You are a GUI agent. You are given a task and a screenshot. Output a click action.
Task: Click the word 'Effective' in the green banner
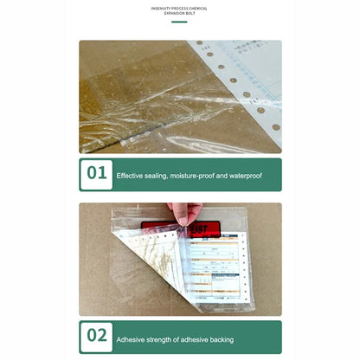[130, 175]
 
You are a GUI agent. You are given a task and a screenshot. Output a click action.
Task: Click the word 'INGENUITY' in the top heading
[162, 8]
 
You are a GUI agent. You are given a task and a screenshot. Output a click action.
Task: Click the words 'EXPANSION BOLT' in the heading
[179, 14]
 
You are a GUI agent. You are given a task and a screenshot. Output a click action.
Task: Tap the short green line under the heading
[179, 22]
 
